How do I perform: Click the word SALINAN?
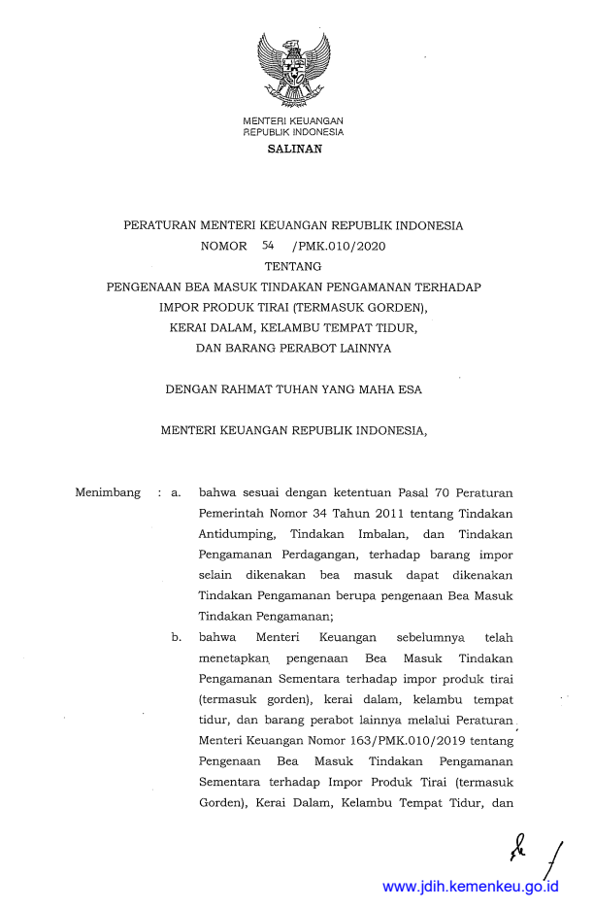tap(293, 150)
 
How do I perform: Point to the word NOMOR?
tap(223, 247)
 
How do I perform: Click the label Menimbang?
tap(108, 493)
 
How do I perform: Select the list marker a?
tap(176, 493)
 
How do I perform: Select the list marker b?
tap(177, 638)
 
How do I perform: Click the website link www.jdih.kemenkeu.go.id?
tap(471, 887)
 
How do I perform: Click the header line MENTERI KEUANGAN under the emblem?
tap(293, 120)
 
